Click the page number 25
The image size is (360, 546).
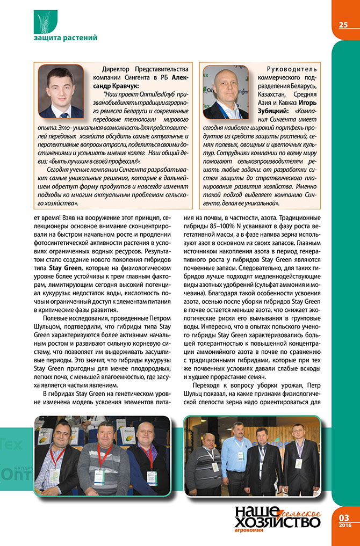point(343,25)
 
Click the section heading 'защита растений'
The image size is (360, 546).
point(65,38)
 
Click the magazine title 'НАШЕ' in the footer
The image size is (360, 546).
point(256,512)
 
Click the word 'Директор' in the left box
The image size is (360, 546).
point(117,69)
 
